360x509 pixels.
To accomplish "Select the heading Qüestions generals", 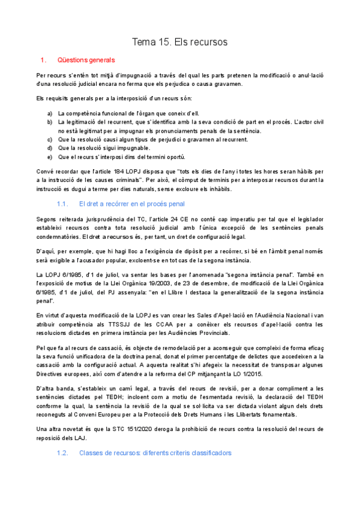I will (86, 61).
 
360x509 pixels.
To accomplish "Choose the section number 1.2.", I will (62, 453).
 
